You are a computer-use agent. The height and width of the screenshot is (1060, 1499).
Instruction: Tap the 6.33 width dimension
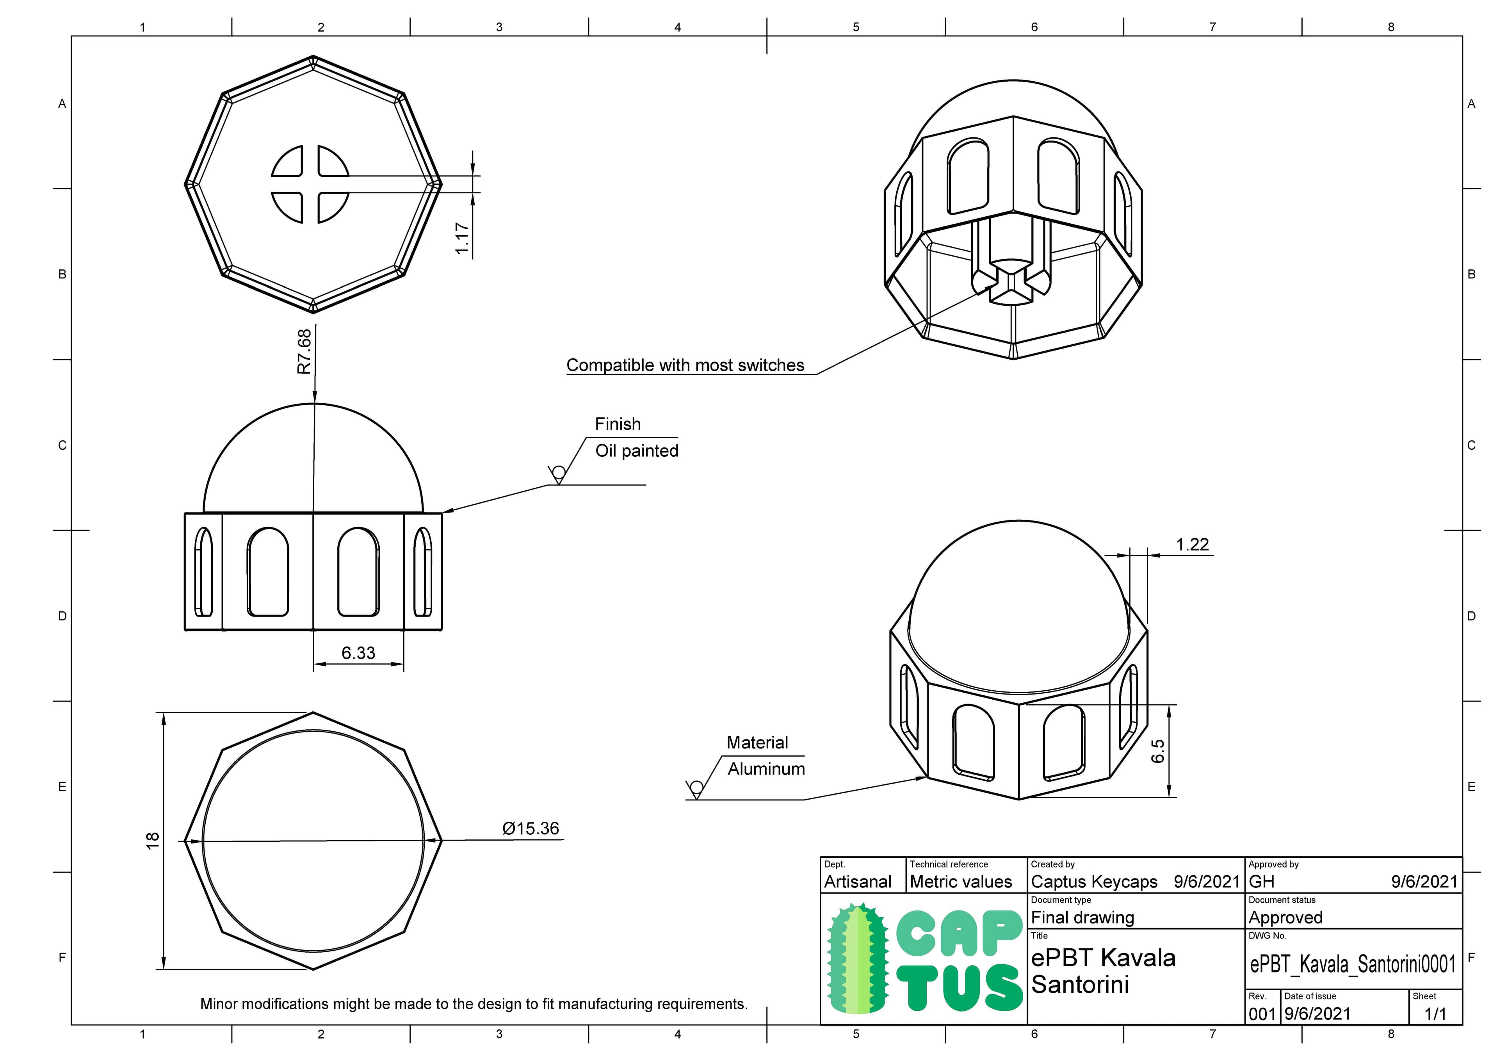(x=358, y=653)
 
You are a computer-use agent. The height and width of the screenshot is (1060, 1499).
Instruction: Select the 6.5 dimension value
(x=1157, y=751)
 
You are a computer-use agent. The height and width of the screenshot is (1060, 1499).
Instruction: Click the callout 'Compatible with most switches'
(x=685, y=365)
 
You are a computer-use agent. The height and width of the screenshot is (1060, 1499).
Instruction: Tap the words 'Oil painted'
(x=637, y=451)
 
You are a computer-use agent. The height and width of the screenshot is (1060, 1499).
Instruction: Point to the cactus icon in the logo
(x=858, y=959)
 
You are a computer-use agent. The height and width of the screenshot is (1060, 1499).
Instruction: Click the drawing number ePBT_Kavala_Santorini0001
(x=1352, y=964)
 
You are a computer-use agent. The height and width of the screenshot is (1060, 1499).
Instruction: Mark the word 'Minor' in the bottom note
(x=218, y=1004)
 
